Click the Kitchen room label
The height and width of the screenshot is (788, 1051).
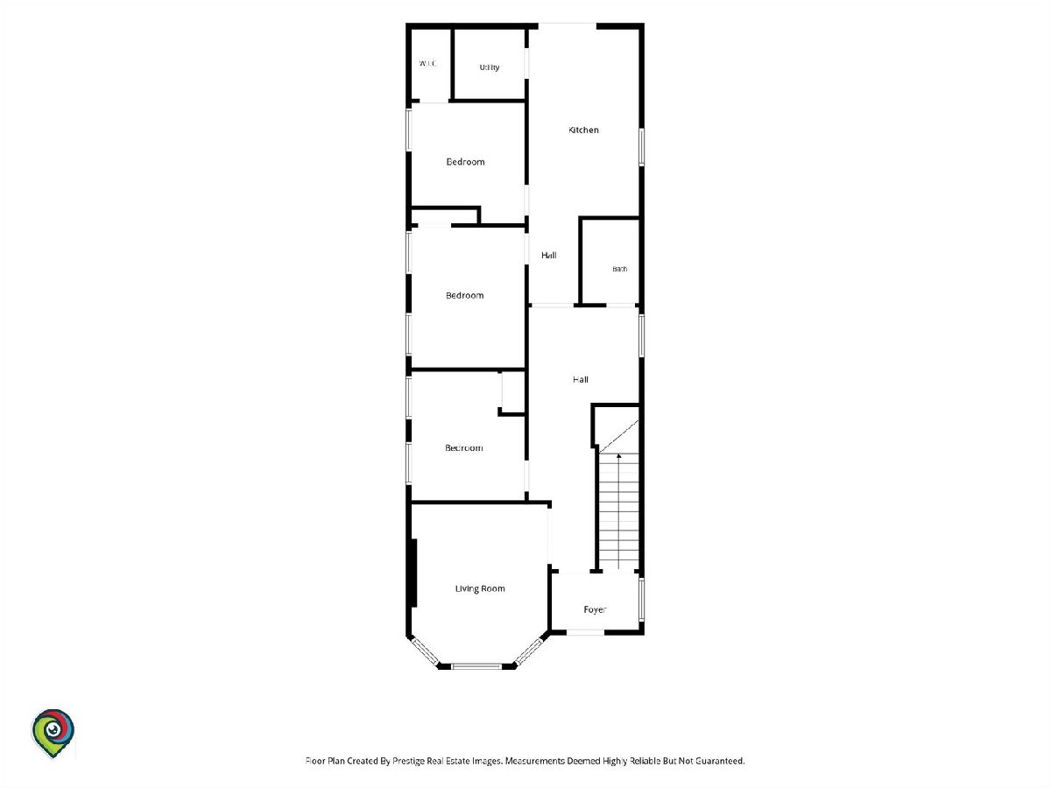pos(583,130)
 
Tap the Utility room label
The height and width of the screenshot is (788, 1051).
pos(490,67)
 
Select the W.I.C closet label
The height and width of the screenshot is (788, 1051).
pos(427,63)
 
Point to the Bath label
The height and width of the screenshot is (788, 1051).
pos(619,269)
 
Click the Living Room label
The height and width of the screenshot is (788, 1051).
pos(480,588)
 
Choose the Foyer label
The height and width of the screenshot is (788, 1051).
pos(595,609)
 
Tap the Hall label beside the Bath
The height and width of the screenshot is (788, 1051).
pos(549,256)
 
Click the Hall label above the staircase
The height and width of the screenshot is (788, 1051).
pos(581,379)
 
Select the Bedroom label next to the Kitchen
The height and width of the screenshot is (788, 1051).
pos(465,162)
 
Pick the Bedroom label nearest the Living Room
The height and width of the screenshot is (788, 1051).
pos(464,447)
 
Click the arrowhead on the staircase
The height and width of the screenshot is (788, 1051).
pos(618,456)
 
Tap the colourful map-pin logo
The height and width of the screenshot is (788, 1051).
pos(53,733)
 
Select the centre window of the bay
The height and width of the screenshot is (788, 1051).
pos(477,666)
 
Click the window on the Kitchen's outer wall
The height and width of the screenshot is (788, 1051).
pos(642,147)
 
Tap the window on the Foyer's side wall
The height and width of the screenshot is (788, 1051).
pos(642,600)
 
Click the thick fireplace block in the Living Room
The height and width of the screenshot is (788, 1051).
pos(414,573)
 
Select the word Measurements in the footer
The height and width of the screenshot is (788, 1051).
pos(535,761)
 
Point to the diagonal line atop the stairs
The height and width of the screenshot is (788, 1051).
pos(618,436)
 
